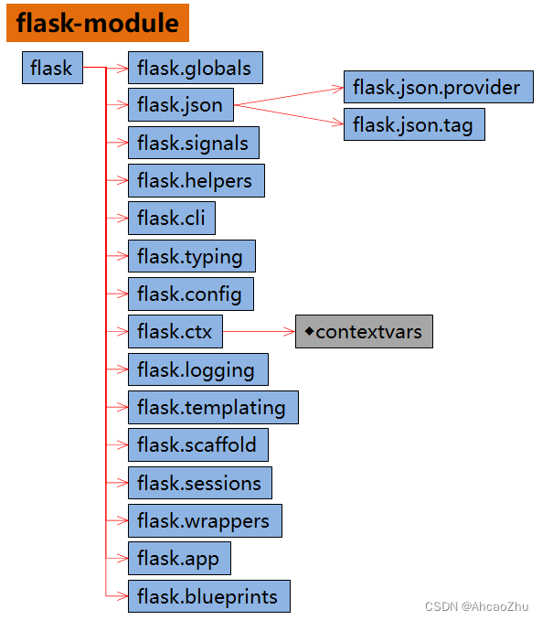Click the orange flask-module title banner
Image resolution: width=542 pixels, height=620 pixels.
(x=97, y=23)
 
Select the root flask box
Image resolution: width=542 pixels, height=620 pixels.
(x=52, y=68)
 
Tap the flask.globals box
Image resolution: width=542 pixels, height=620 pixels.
(x=195, y=68)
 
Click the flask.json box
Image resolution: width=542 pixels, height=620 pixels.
(x=180, y=105)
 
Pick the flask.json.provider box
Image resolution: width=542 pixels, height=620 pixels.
(x=438, y=87)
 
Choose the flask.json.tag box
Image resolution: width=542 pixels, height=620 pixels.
(x=413, y=124)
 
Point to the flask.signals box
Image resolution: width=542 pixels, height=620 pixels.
(x=193, y=143)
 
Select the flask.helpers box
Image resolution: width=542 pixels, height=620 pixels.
(x=196, y=180)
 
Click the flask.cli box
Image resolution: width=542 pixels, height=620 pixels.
(x=171, y=219)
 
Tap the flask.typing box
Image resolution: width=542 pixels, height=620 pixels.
(x=191, y=256)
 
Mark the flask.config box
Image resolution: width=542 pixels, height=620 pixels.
(x=190, y=294)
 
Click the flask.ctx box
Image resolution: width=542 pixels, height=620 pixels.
(x=175, y=331)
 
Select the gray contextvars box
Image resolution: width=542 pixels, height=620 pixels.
(x=364, y=331)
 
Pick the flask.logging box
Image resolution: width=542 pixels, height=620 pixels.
(x=197, y=369)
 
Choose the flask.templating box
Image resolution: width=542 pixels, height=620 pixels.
(x=212, y=407)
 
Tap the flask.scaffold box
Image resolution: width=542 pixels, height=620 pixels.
(x=197, y=445)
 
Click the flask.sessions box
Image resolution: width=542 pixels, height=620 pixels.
(x=199, y=483)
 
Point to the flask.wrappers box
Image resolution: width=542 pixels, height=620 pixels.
(x=204, y=520)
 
